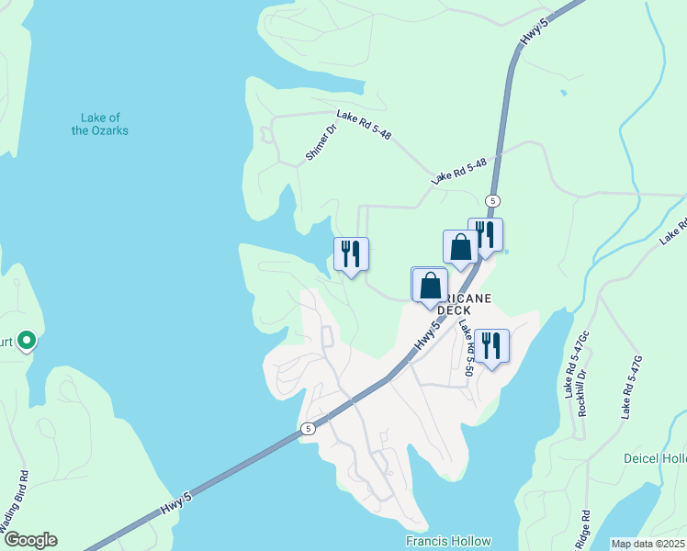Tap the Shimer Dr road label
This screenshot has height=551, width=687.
[x=322, y=142]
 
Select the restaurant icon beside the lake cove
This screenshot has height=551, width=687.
[x=351, y=253]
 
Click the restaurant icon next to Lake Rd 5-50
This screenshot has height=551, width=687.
[x=491, y=345]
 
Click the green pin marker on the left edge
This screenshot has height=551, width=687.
[x=27, y=341]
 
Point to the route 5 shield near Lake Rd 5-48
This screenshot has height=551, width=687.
[x=493, y=200]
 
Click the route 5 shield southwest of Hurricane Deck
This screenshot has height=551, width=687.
[x=308, y=428]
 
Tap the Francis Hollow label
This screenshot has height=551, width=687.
[x=448, y=541]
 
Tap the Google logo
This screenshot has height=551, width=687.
[x=29, y=540]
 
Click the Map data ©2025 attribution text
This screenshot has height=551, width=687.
[x=648, y=544]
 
